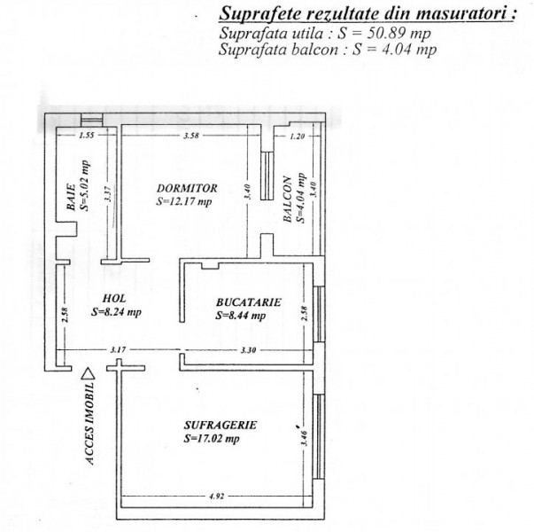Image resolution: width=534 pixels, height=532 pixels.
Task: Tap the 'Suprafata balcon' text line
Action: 327,50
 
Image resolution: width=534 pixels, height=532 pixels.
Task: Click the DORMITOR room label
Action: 186,188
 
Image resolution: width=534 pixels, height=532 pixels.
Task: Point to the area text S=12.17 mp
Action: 184,201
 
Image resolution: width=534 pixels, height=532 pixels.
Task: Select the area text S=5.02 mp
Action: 85,188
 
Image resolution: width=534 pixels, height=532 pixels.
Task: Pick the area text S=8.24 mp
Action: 116,312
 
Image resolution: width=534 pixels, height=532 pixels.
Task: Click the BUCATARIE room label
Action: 249,301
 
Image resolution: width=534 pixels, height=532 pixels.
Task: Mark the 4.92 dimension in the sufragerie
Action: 215,497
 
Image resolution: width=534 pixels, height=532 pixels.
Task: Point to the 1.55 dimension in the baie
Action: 86,136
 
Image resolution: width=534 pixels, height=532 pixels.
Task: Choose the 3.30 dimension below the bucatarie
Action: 248,350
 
